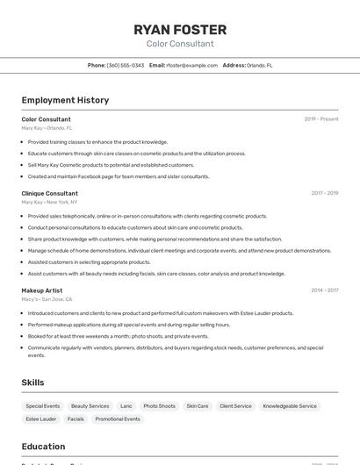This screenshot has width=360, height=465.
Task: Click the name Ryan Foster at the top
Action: click(180, 29)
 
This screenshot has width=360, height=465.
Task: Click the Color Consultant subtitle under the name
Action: click(180, 43)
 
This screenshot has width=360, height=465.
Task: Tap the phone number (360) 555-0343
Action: click(126, 65)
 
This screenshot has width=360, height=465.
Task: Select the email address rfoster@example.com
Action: click(191, 65)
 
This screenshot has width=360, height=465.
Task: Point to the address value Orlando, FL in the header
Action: click(259, 65)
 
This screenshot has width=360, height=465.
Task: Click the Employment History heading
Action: click(65, 100)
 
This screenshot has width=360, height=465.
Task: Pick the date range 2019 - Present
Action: click(321, 119)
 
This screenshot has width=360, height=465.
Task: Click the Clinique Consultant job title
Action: click(50, 193)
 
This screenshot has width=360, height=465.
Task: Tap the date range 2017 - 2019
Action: click(325, 193)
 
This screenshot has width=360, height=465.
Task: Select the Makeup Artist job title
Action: click(42, 290)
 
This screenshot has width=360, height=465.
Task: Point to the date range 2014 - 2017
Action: click(325, 290)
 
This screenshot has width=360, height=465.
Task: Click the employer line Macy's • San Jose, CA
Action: click(47, 299)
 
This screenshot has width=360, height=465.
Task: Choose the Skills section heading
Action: click(32, 383)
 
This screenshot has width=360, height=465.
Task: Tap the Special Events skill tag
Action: click(43, 406)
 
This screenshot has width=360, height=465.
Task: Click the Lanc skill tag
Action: click(126, 406)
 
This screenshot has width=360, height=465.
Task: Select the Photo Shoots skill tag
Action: click(160, 406)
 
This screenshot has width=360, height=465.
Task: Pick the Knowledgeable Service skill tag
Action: click(290, 406)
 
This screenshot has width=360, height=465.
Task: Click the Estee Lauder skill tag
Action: click(41, 419)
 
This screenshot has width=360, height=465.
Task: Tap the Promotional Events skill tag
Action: click(118, 419)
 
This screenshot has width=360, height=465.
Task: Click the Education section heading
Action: click(43, 446)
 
